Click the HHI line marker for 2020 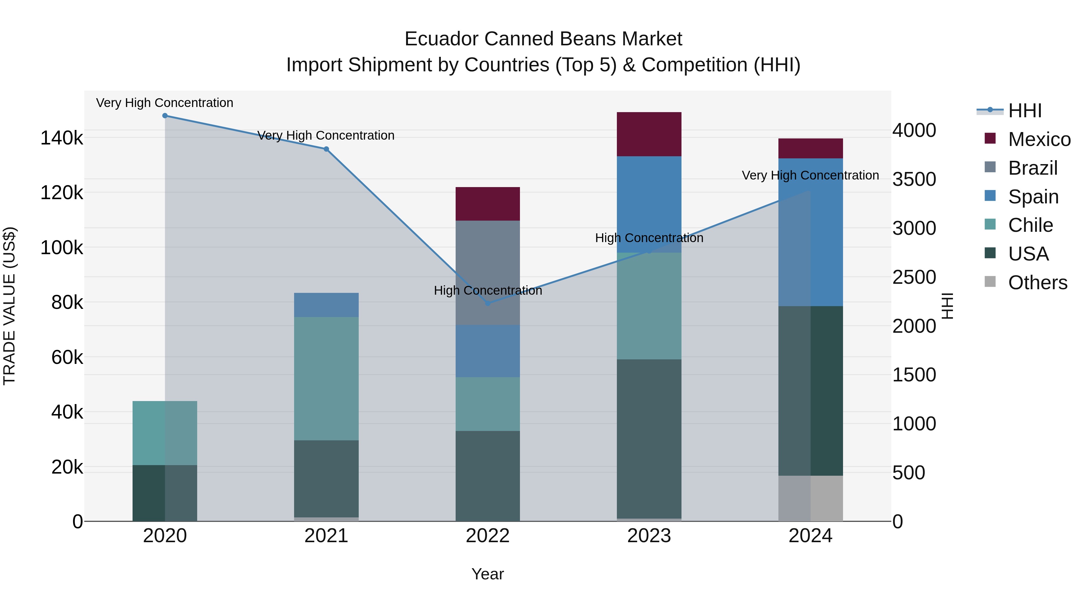click(165, 116)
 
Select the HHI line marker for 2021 click(326, 149)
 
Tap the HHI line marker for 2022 click(488, 303)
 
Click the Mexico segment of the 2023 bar click(649, 134)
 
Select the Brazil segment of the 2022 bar click(488, 273)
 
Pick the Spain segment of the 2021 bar click(326, 305)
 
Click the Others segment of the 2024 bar click(811, 498)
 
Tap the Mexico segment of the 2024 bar click(811, 148)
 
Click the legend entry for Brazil click(1033, 168)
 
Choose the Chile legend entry click(1030, 225)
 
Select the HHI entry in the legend click(1024, 111)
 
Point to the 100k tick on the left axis click(62, 248)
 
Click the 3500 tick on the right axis click(914, 179)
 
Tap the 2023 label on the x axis click(649, 536)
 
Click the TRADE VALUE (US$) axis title click(10, 306)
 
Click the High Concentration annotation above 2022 click(488, 290)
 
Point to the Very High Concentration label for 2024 click(810, 175)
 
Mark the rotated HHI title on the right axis click(948, 306)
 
